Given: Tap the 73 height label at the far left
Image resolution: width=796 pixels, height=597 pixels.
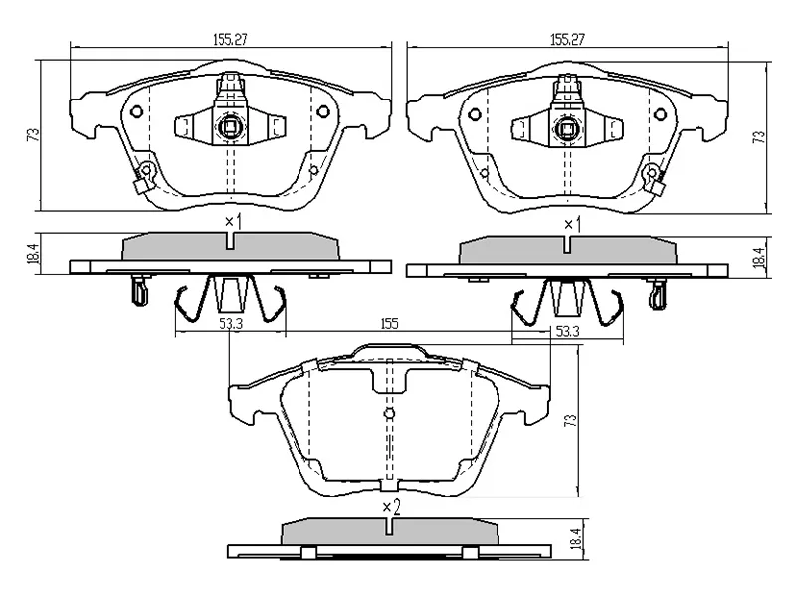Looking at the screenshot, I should [32, 134].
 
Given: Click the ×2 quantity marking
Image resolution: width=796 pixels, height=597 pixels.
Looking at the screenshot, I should [391, 507].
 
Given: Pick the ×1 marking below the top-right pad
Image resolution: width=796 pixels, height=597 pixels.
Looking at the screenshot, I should [571, 225].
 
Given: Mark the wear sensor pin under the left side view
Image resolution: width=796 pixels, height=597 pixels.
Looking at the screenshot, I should [136, 291].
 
